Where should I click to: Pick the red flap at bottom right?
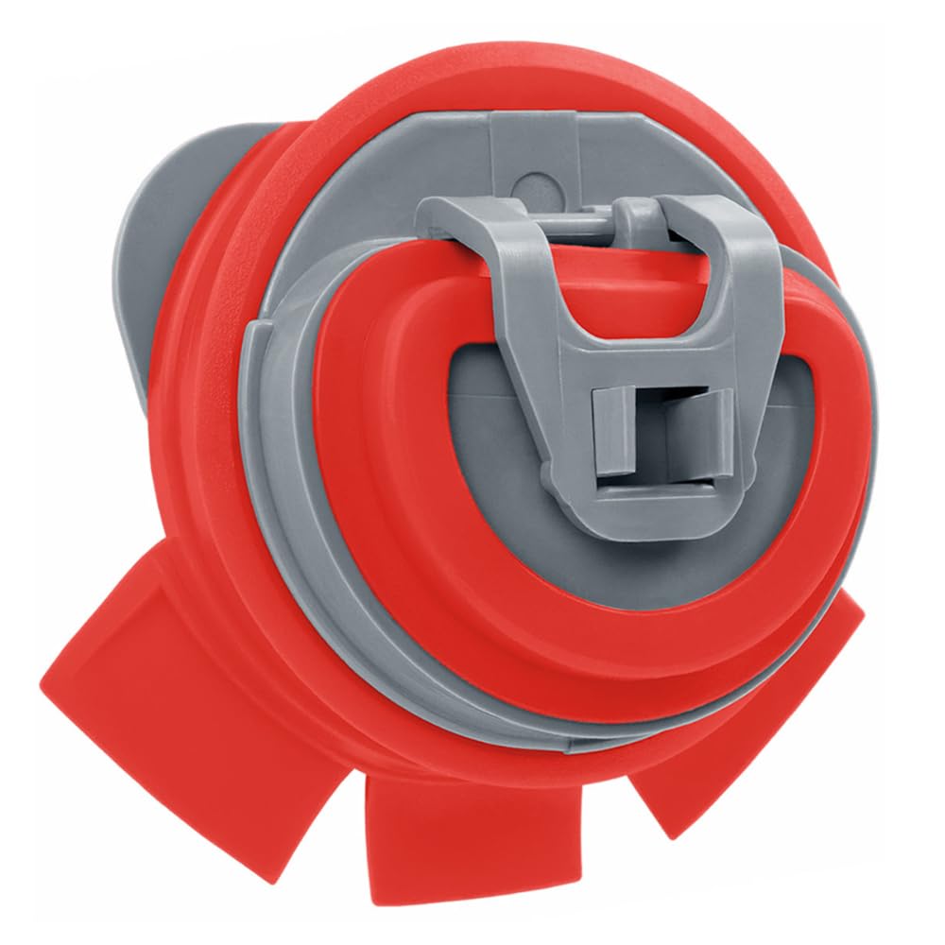pyautogui.click(x=756, y=718)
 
